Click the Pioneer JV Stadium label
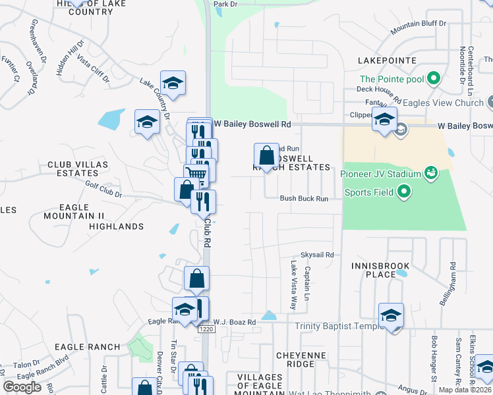click(x=380, y=174)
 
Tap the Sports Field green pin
click(x=405, y=192)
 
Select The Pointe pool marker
click(x=433, y=79)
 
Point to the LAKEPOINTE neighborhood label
click(x=387, y=60)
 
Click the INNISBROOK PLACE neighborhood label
click(x=380, y=270)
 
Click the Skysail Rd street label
click(x=317, y=255)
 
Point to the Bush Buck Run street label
click(x=303, y=198)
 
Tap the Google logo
click(x=22, y=387)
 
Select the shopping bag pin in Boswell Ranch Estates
click(x=266, y=157)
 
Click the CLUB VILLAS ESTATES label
click(x=73, y=169)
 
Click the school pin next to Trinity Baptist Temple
click(x=391, y=316)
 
